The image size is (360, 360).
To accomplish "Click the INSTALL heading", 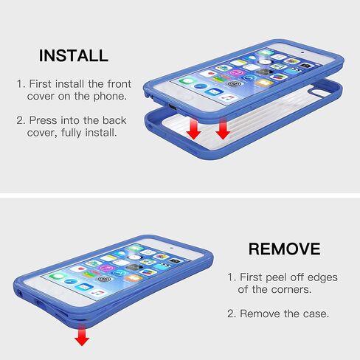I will [73, 55].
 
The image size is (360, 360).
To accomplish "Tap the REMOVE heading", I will [284, 249].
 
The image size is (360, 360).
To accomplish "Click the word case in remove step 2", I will [316, 314].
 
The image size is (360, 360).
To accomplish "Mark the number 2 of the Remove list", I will [231, 314].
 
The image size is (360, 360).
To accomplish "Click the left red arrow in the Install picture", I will [193, 130].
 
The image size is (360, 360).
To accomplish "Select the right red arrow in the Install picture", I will [222, 128].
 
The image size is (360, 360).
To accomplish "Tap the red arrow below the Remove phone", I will [82, 336].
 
